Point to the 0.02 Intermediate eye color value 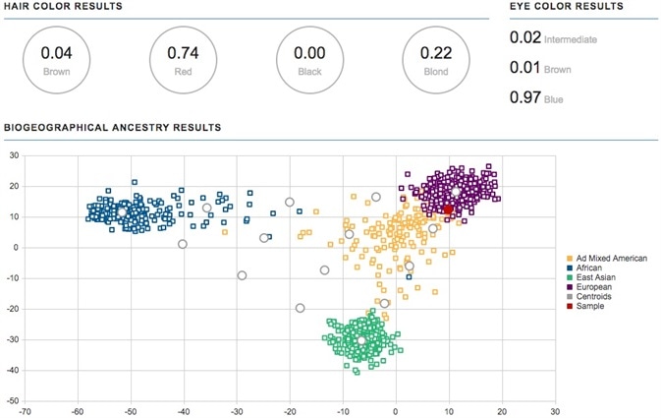pyautogui.click(x=553, y=38)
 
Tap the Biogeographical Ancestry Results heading pyautogui.click(x=112, y=129)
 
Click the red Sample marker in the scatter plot pyautogui.click(x=448, y=209)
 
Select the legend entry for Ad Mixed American pyautogui.click(x=613, y=258)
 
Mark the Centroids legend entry pyautogui.click(x=600, y=296)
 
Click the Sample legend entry pyautogui.click(x=597, y=306)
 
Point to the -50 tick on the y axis pyautogui.click(x=13, y=401)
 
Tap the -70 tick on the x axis pyautogui.click(x=25, y=411)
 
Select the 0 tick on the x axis pyautogui.click(x=396, y=411)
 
